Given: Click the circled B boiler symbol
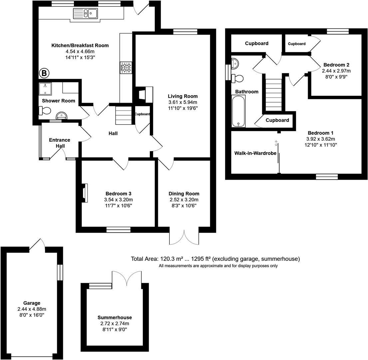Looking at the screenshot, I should pyautogui.click(x=44, y=73).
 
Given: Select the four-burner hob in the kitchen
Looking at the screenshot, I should pyautogui.click(x=127, y=68).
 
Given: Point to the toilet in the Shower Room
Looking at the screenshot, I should pyautogui.click(x=44, y=110).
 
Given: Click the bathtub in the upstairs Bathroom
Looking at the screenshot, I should pyautogui.click(x=238, y=111).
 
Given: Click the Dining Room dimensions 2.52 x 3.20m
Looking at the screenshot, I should pyautogui.click(x=184, y=200).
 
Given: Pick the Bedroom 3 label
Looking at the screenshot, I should pyautogui.click(x=118, y=194).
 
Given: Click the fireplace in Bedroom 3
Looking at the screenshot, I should pyautogui.click(x=85, y=193).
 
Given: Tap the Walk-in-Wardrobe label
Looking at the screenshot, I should pyautogui.click(x=250, y=153).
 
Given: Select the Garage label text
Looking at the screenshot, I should pyautogui.click(x=32, y=303).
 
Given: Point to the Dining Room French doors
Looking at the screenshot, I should pyautogui.click(x=184, y=236).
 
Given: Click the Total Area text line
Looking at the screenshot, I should pyautogui.click(x=215, y=259).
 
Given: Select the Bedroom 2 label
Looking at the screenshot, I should pyautogui.click(x=336, y=65).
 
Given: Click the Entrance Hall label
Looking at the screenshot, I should pyautogui.click(x=59, y=143).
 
